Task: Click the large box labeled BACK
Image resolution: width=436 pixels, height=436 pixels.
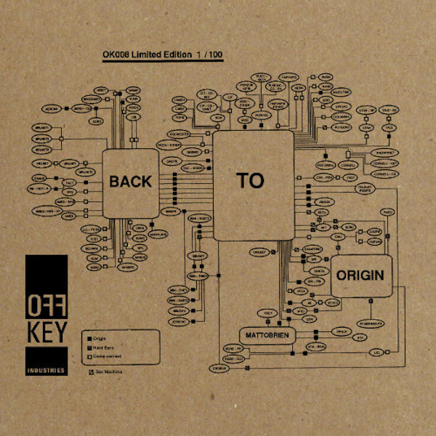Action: coord(130,182)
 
